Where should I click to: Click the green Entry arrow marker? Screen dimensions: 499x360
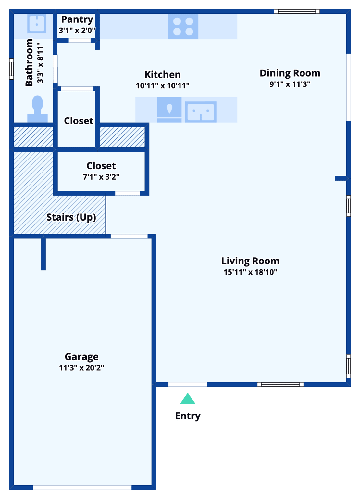click(x=188, y=399)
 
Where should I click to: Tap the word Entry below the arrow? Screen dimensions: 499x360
click(x=188, y=416)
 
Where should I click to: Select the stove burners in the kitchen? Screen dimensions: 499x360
click(x=183, y=27)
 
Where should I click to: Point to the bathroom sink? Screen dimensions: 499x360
click(x=37, y=23)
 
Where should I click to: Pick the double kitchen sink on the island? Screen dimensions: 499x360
click(x=201, y=111)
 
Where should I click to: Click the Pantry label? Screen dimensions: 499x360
click(x=77, y=19)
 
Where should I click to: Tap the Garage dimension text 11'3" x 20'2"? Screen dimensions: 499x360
click(x=81, y=368)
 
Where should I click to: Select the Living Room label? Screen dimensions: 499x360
click(x=250, y=261)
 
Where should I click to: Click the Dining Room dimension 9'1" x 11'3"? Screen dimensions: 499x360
click(x=290, y=84)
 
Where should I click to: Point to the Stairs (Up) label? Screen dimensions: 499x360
click(x=71, y=217)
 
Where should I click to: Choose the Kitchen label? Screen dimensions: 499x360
click(x=163, y=74)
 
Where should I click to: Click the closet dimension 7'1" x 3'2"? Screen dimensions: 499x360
click(x=101, y=177)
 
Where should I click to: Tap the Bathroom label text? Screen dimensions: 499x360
click(x=29, y=62)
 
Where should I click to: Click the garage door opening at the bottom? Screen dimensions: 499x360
click(x=82, y=487)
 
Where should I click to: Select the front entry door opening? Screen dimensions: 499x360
click(x=188, y=385)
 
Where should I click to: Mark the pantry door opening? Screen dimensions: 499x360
click(x=80, y=41)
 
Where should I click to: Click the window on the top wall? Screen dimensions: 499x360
click(x=297, y=12)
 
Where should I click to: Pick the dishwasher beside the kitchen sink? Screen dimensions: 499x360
click(x=169, y=109)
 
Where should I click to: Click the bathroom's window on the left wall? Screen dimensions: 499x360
click(x=11, y=69)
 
